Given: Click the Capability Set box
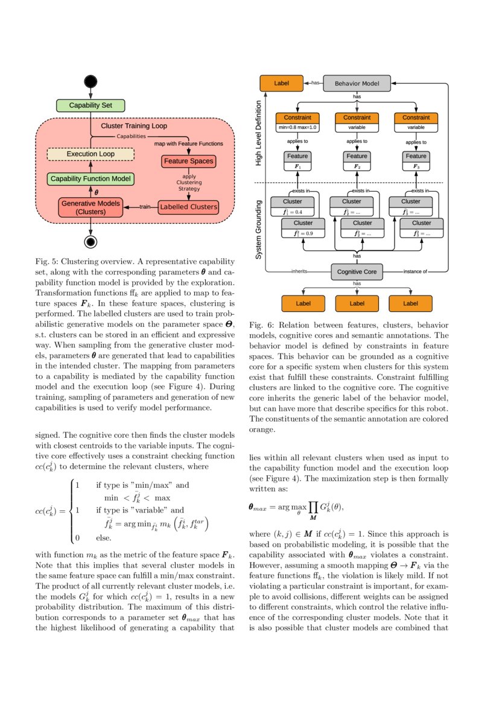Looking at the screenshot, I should click(91, 106).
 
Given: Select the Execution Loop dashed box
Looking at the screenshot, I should click(91, 154).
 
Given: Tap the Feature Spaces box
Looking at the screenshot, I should click(189, 162).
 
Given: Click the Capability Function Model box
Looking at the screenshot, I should click(91, 179).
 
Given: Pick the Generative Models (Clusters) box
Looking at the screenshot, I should click(91, 207).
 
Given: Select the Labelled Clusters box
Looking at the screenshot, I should click(188, 207).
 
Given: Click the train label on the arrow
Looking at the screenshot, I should click(145, 207).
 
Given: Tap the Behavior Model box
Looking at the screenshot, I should click(357, 83).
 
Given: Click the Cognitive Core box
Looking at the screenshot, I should click(357, 272).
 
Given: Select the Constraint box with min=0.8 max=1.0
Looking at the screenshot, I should click(297, 122).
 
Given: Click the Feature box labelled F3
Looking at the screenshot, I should click(416, 160).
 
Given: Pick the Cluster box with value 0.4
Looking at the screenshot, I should click(293, 206).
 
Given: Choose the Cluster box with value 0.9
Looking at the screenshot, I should click(304, 228).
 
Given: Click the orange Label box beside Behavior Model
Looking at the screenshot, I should click(281, 83).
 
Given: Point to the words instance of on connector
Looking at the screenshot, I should click(415, 272).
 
